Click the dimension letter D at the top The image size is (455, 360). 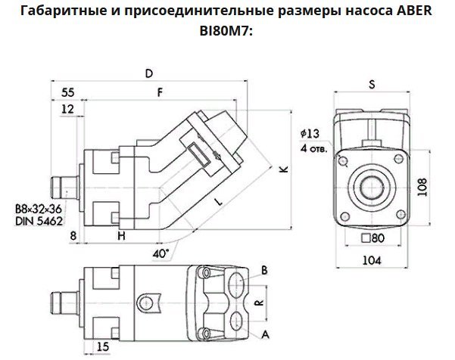point(149,73)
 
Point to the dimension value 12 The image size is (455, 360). point(68,110)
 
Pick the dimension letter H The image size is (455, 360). point(121,237)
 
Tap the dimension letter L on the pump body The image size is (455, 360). point(217,203)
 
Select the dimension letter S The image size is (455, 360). point(372,85)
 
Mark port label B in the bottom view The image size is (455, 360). point(264,270)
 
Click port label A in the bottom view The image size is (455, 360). point(264,332)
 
